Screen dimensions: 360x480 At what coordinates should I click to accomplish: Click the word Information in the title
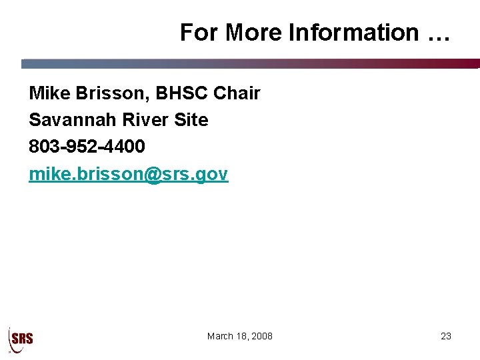[353, 32]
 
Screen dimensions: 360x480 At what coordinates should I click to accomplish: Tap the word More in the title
[254, 32]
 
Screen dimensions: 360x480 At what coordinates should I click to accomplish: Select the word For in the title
[199, 32]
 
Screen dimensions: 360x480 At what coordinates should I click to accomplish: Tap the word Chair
[237, 93]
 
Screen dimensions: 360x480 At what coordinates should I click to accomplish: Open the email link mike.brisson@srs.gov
[128, 175]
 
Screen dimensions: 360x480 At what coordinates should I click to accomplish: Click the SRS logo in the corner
[21, 338]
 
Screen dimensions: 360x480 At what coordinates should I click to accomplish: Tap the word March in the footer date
[221, 336]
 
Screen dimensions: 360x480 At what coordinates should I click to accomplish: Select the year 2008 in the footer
[261, 336]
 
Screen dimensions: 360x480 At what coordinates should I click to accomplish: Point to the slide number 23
[446, 336]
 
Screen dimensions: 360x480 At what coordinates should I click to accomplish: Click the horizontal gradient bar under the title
[250, 64]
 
